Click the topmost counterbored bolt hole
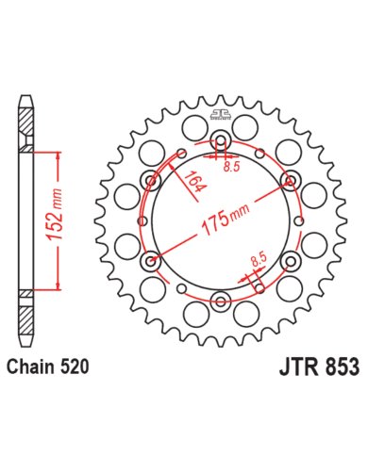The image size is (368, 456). tap(221, 141)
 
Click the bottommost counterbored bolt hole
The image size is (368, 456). tap(221, 301)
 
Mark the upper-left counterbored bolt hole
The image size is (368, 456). tap(151, 181)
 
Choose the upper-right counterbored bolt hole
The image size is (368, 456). tap(291, 181)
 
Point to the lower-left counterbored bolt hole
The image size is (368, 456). tap(151, 261)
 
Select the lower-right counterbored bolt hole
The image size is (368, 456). tap(291, 261)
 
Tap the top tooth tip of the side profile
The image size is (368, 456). tap(26, 97)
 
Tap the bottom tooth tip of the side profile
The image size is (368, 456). tap(26, 345)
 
